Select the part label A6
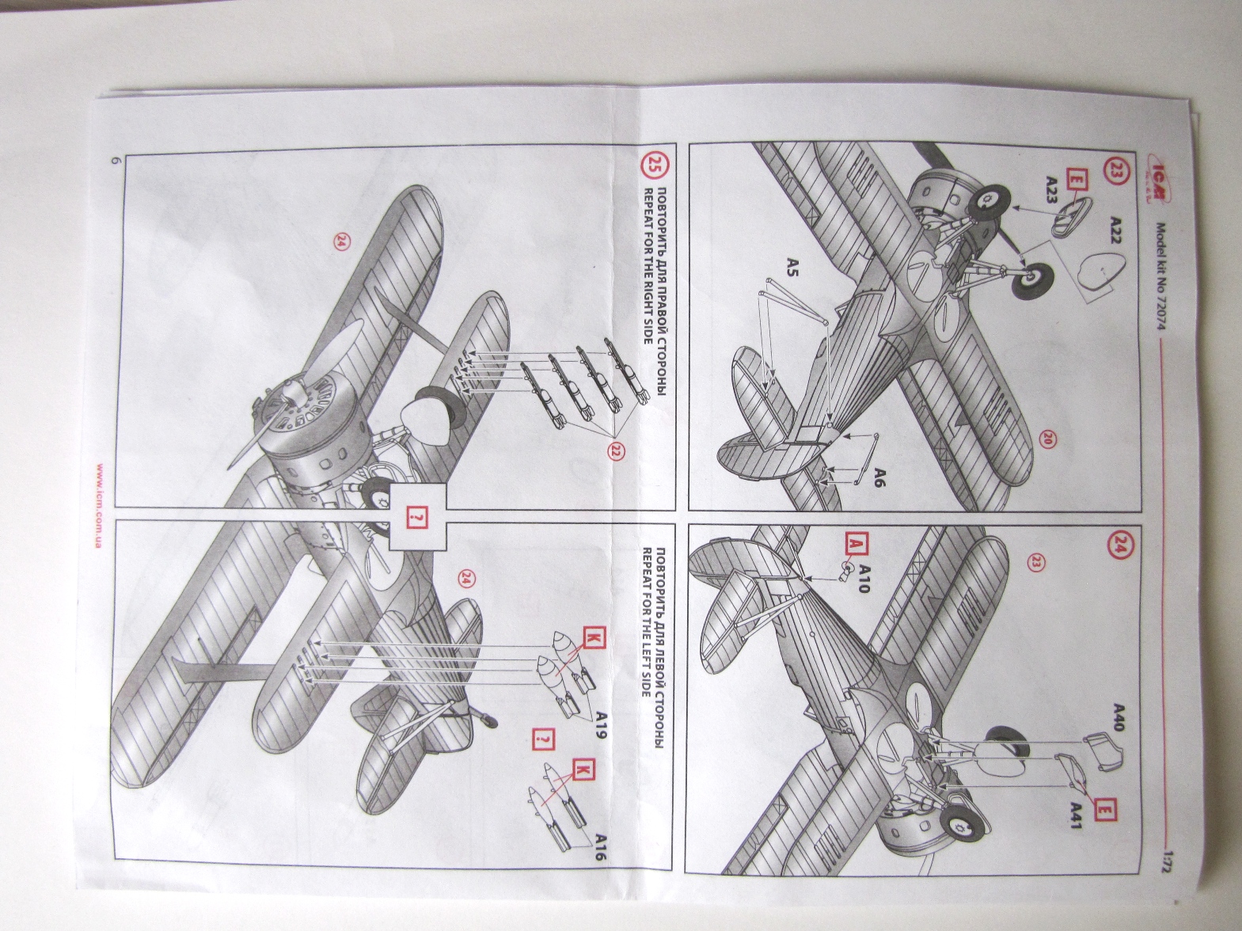(x=883, y=479)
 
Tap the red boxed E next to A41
(x=1104, y=811)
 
